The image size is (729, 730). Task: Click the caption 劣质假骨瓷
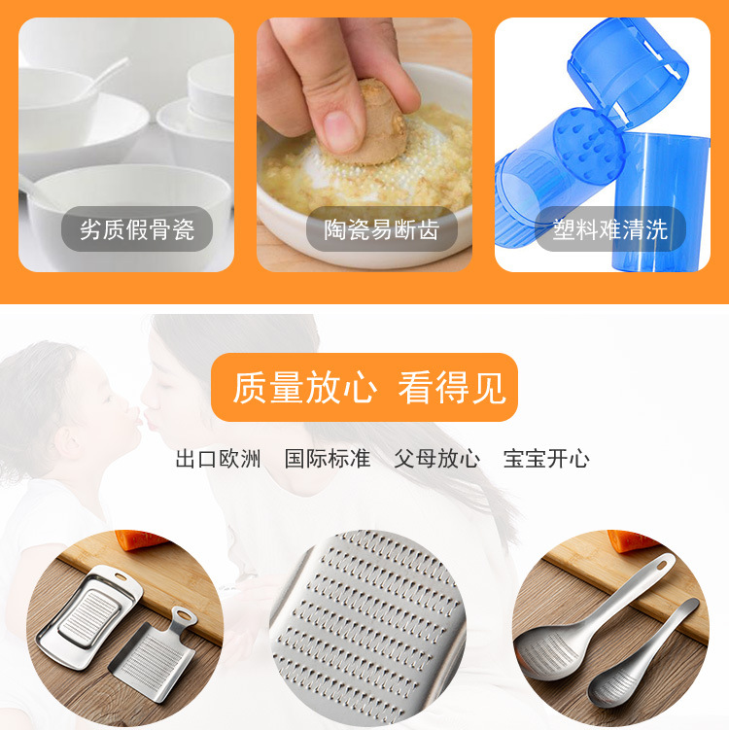137,230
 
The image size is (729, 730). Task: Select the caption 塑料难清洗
610,230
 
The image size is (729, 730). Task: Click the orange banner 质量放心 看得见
364,387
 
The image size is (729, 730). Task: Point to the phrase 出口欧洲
218,459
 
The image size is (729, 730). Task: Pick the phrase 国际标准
328,459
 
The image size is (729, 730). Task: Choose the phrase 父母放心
436,459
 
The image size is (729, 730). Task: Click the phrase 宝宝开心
546,459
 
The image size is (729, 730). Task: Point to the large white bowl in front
117,209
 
